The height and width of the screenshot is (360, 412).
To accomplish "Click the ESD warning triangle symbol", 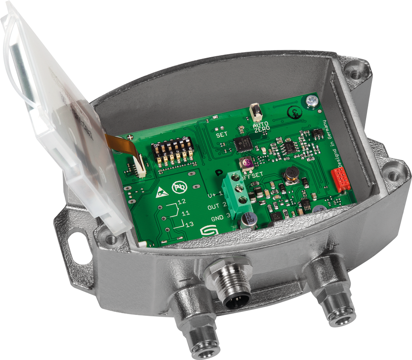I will (161, 193).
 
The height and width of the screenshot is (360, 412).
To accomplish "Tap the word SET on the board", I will (222, 134).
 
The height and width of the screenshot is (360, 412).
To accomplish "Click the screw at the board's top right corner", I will (310, 101).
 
